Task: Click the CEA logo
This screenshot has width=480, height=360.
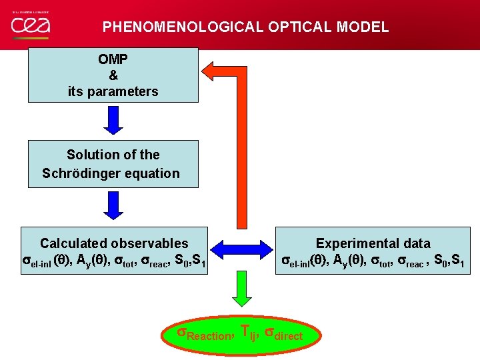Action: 30,25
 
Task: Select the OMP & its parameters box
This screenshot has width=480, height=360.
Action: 113,75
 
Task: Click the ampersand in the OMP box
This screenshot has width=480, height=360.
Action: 113,75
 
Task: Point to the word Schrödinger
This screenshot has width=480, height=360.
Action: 86,173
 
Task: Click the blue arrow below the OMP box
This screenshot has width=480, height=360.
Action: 113,120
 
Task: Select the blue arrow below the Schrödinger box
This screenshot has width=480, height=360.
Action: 113,205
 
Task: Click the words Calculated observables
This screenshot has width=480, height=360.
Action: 114,243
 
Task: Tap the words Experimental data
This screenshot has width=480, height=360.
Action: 373,243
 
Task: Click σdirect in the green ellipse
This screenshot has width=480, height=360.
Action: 284,334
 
